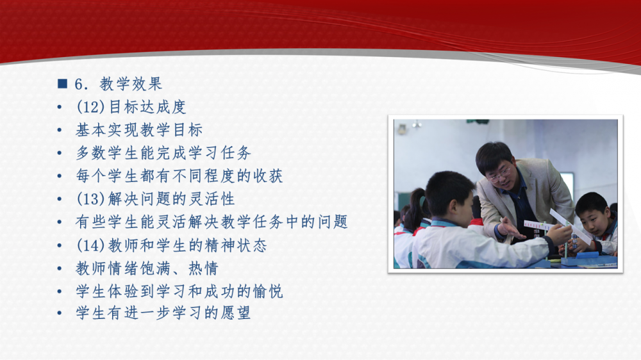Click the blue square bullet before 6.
pyautogui.click(x=63, y=84)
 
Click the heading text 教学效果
pyautogui.click(x=131, y=84)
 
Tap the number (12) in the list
pyautogui.click(x=91, y=107)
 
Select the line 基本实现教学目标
pyautogui.click(x=139, y=130)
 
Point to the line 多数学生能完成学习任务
pyautogui.click(x=163, y=153)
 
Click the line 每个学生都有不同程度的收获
pyautogui.click(x=179, y=176)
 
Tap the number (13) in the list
pyautogui.click(x=91, y=199)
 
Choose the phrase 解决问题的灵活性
pyautogui.click(x=171, y=199)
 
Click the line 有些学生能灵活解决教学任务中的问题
pyautogui.click(x=212, y=222)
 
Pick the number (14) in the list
pyautogui.click(x=91, y=245)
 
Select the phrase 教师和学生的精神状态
pyautogui.click(x=187, y=245)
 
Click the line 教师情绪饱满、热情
pyautogui.click(x=147, y=268)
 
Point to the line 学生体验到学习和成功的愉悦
pyautogui.click(x=179, y=291)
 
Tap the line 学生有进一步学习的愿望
pyautogui.click(x=163, y=313)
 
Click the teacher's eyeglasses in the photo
pyautogui.click(x=499, y=174)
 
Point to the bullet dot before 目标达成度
pyautogui.click(x=60, y=108)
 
